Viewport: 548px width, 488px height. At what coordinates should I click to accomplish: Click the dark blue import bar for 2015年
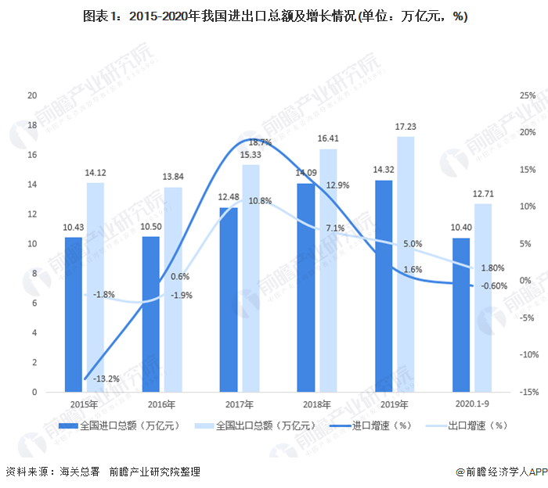click(x=73, y=313)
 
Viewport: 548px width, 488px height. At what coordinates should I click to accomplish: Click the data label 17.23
click(x=406, y=127)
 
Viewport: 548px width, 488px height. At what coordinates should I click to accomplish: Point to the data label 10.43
click(x=74, y=228)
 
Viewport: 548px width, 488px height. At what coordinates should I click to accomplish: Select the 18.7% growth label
click(x=260, y=142)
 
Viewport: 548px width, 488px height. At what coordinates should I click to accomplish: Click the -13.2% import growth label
click(x=106, y=379)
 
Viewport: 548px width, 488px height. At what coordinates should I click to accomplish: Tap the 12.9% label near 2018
click(x=337, y=185)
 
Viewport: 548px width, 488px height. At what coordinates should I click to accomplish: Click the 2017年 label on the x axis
click(x=239, y=404)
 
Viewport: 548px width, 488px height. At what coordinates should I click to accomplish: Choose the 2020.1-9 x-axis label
click(x=472, y=404)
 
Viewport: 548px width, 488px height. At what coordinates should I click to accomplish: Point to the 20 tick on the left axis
click(x=32, y=95)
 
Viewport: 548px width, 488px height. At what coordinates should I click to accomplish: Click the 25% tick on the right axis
click(x=527, y=95)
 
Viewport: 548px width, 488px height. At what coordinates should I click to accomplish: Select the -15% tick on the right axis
click(x=527, y=392)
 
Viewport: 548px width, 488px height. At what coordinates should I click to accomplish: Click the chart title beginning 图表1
click(x=274, y=16)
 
